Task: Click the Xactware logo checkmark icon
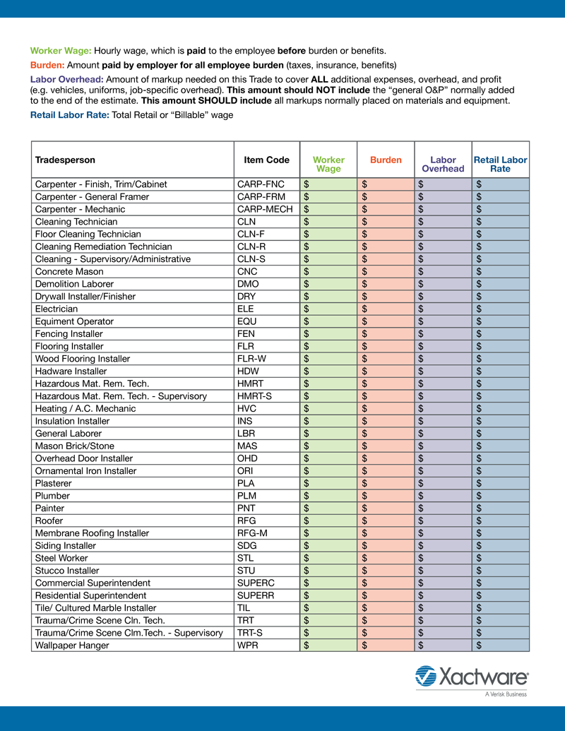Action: point(426,676)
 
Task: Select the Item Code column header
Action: point(266,160)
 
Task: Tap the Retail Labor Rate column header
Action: point(500,164)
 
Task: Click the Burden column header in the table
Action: point(386,160)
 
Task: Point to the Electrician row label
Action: point(56,309)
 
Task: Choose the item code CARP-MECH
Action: point(265,209)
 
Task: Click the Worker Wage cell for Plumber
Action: point(330,496)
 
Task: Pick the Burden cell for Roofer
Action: point(387,521)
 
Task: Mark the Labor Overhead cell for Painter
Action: point(443,508)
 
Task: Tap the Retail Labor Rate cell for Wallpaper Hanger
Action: point(500,645)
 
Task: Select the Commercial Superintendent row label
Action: point(93,583)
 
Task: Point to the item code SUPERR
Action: point(256,595)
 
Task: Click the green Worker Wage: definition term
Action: point(61,51)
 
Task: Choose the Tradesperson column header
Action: point(65,160)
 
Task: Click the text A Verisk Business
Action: point(506,694)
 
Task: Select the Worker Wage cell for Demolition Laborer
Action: point(330,284)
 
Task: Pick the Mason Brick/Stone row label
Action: point(74,446)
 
